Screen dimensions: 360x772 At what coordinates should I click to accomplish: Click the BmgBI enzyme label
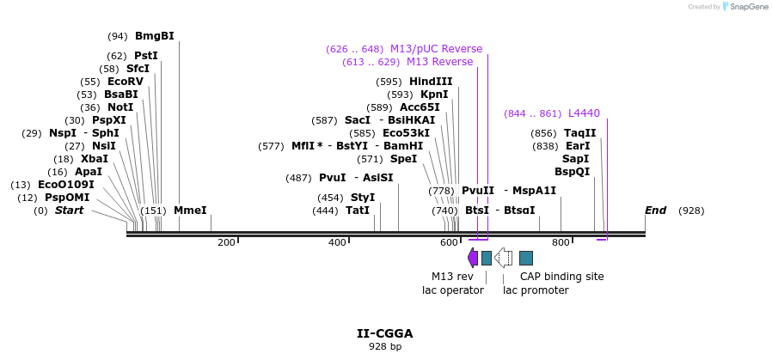coord(154,36)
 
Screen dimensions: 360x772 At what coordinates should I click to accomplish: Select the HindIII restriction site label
coord(431,82)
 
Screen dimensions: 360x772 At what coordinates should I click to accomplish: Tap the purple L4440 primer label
coord(584,113)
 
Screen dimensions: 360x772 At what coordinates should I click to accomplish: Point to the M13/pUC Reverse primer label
coord(436,49)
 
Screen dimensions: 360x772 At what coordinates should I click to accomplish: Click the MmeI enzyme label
coord(190,211)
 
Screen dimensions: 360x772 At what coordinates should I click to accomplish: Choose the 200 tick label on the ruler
coord(226,243)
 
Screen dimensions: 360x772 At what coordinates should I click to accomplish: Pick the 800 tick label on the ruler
coord(561,243)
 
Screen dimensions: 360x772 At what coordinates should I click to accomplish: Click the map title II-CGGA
coord(385,333)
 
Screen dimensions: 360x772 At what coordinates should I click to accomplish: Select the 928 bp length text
coord(385,347)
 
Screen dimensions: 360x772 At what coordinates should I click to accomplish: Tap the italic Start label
coord(69,211)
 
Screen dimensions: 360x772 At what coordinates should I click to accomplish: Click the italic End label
coord(655,211)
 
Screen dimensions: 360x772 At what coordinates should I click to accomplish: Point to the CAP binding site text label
coord(561,277)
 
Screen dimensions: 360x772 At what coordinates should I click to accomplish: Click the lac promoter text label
coord(536,290)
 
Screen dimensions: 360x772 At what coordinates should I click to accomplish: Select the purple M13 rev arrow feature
coord(473,257)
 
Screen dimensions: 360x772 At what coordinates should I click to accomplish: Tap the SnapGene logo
coord(745,7)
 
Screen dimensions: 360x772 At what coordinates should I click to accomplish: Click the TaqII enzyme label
coord(579,133)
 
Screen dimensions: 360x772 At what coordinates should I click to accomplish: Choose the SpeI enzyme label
coord(403,159)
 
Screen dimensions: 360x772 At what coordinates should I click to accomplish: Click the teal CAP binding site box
coord(526,258)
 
